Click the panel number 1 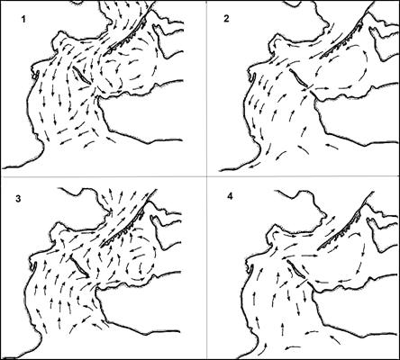[23, 20]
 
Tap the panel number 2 [226, 19]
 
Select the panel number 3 [19, 200]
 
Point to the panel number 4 [230, 197]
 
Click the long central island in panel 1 [81, 75]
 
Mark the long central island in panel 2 [298, 78]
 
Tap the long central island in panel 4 [296, 269]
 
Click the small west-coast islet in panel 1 [37, 75]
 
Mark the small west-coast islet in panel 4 [252, 268]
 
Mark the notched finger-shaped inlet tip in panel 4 [372, 223]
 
